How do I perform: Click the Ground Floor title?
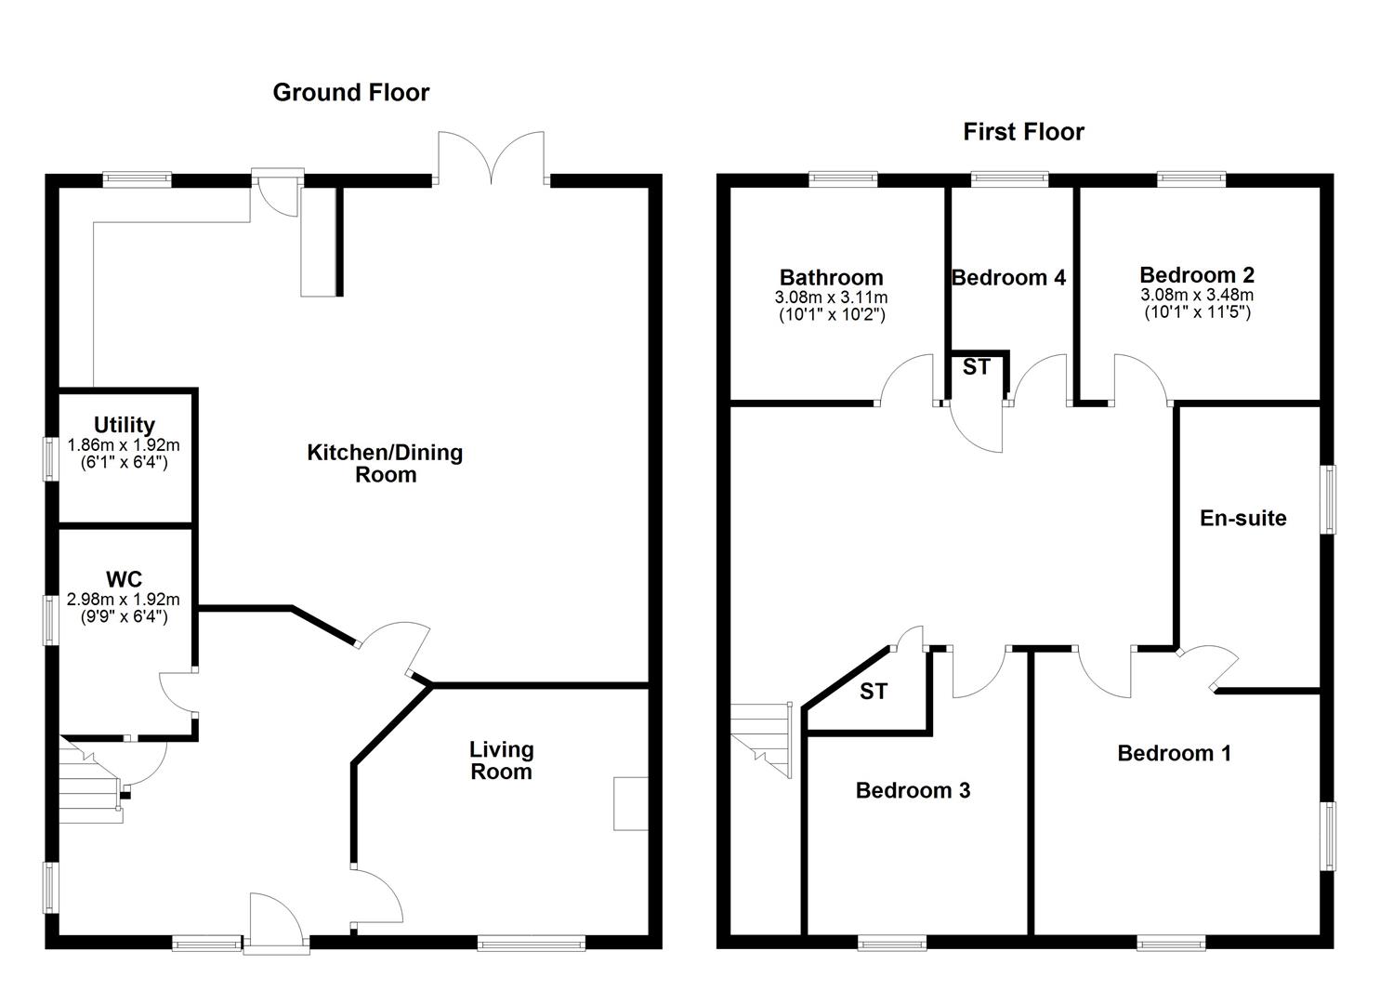point(350,92)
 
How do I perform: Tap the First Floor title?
point(1023,132)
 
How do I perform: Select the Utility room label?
point(124,425)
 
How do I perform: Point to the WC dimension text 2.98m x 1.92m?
point(124,599)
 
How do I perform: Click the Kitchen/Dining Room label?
point(385,464)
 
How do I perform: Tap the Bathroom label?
point(831,277)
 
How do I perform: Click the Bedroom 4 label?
point(1008,278)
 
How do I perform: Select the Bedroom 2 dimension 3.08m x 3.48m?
point(1197,295)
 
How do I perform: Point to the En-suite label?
point(1243,519)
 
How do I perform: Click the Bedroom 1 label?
point(1175,753)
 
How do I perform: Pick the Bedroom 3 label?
point(913,791)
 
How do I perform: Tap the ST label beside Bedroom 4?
point(977,367)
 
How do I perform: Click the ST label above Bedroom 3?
point(874,692)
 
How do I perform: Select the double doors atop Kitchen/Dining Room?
point(491,158)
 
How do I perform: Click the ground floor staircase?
point(91,780)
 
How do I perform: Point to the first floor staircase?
point(761,740)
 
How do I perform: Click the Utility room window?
point(50,459)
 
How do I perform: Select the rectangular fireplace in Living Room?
point(631,804)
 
